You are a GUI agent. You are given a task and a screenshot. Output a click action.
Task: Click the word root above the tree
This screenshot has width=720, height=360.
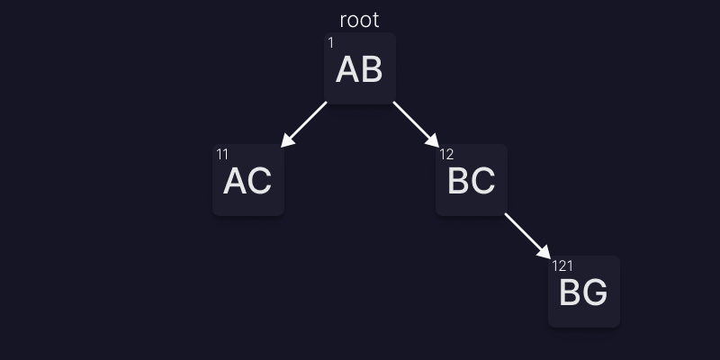359,20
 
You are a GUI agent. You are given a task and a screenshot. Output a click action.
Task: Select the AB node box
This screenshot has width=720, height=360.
360,68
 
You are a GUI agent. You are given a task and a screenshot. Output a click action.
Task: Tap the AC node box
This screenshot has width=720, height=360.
248,180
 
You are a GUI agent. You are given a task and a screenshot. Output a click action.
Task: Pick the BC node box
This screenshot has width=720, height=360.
472,180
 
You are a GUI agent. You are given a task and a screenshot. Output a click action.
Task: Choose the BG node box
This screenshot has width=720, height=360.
584,292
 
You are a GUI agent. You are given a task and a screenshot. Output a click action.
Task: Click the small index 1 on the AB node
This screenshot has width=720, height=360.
330,43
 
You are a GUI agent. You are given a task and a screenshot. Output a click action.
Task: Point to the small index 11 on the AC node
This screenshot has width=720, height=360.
222,154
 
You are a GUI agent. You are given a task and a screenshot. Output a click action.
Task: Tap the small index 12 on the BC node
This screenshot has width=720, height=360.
446,154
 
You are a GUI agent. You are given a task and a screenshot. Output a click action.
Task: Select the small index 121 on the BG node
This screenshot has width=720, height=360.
562,265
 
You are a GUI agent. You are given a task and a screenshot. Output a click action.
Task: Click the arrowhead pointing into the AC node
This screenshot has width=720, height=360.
287,140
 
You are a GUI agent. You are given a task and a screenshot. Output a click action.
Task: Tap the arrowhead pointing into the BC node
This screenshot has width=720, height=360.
433,140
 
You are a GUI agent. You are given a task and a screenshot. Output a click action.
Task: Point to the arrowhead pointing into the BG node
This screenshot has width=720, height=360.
544,252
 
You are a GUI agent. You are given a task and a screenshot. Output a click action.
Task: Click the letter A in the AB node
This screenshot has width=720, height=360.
347,69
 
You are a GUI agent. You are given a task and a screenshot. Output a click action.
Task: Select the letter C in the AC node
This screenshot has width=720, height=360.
260,181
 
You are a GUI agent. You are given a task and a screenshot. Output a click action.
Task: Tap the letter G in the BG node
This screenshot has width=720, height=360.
596,292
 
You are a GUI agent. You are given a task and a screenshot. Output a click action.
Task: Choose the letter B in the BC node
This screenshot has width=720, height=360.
459,181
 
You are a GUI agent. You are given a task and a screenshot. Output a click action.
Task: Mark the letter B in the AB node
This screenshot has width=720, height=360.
372,69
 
